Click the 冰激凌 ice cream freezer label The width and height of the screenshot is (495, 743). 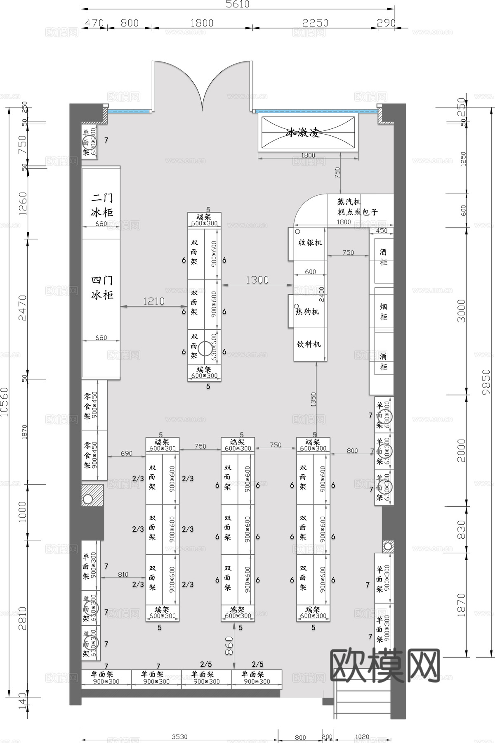(x=303, y=133)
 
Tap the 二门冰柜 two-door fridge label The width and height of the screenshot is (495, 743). (x=102, y=205)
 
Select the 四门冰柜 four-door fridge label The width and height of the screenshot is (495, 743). (x=102, y=288)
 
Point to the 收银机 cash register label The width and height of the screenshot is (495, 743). (x=310, y=243)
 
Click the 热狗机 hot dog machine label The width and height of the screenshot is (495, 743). (x=307, y=312)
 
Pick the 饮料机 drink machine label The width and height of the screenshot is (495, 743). (x=309, y=344)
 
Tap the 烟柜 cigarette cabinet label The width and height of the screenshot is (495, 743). (x=383, y=312)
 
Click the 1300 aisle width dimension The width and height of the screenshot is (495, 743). (x=257, y=280)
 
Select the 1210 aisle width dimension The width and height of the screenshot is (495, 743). (x=153, y=301)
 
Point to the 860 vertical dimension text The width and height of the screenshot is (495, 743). (x=229, y=646)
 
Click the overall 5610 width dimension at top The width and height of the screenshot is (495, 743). (x=238, y=4)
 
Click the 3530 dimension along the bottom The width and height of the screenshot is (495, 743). (x=179, y=737)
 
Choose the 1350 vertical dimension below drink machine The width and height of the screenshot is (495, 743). (x=313, y=400)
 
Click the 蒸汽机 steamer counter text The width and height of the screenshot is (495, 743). (x=349, y=202)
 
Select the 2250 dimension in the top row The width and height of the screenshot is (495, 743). (x=315, y=23)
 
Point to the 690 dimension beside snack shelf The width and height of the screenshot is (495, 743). (x=127, y=453)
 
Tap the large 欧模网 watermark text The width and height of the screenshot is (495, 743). (x=386, y=665)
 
